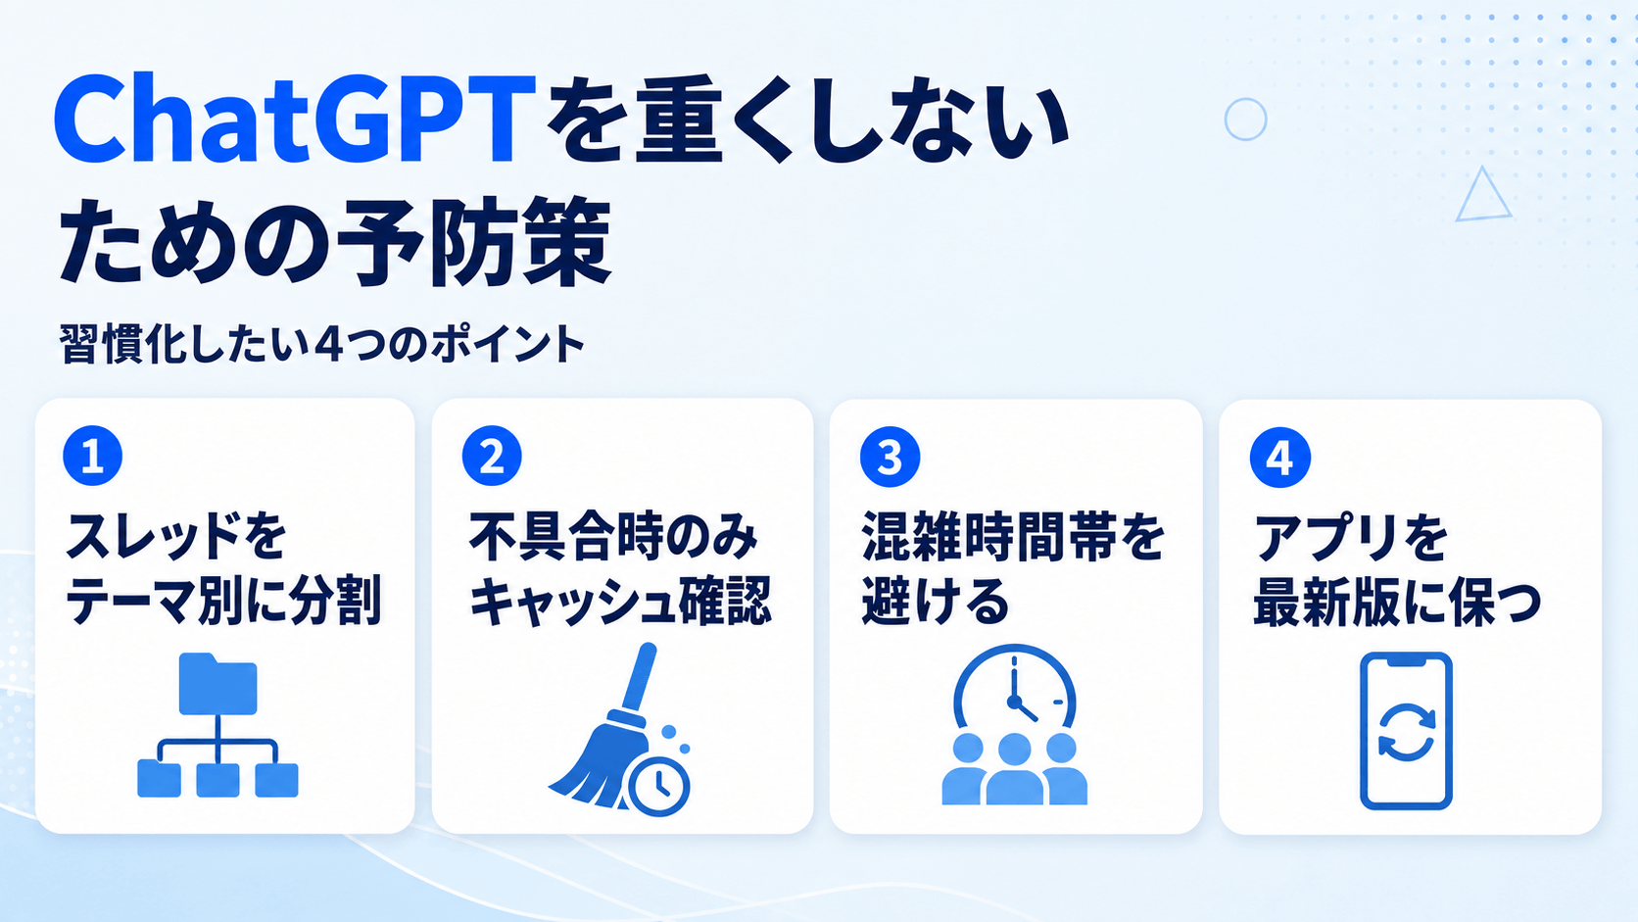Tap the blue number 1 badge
point(93,456)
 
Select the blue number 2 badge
point(492,456)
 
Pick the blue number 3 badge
point(890,457)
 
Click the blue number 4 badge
point(1279,458)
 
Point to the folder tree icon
point(217,725)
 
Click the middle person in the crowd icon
point(1014,769)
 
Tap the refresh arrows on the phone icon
point(1406,733)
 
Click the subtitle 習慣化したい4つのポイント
point(321,344)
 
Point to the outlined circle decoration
point(1245,120)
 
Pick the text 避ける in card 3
point(936,602)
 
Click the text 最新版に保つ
point(1397,602)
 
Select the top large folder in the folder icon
point(217,684)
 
